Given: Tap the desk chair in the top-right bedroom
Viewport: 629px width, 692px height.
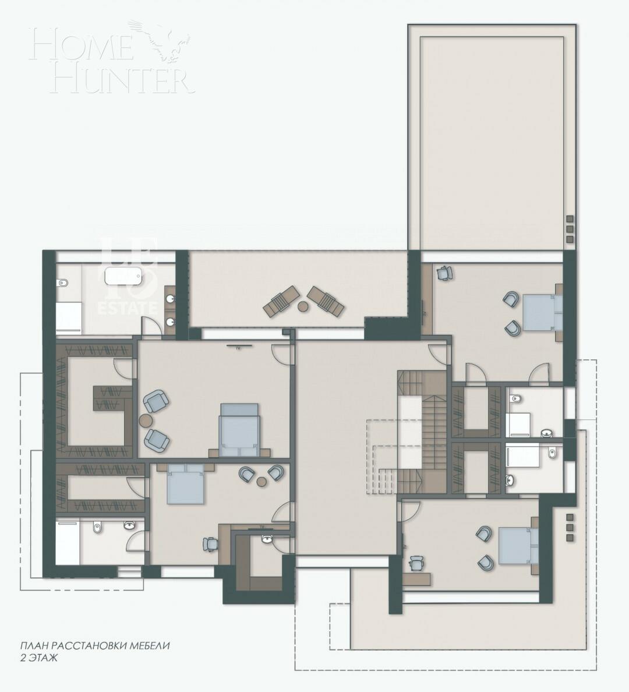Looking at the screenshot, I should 446,273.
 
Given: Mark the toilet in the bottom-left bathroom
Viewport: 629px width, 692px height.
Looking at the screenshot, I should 97,527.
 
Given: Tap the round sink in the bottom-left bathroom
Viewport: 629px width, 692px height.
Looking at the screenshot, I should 130,526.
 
